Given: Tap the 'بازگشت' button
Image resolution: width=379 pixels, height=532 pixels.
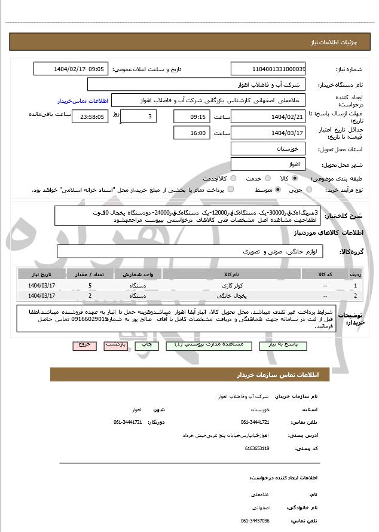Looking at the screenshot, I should coord(115,346).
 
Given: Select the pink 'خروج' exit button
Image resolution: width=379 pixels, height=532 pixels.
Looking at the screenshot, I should coord(84,346).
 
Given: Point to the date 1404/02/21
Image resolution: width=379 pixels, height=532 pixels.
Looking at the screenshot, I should coord(267,117).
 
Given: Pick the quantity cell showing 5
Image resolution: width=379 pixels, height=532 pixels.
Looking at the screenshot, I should coord(90,286).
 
